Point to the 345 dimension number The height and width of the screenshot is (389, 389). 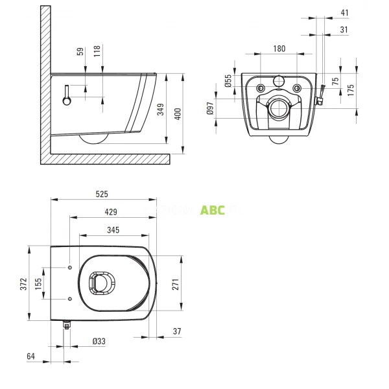(113, 230)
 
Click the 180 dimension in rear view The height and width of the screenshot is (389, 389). (278, 49)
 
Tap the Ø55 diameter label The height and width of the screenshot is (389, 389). (228, 81)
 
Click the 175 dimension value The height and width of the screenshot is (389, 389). (351, 90)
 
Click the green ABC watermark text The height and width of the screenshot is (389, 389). (213, 210)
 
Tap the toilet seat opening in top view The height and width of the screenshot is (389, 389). (101, 283)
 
